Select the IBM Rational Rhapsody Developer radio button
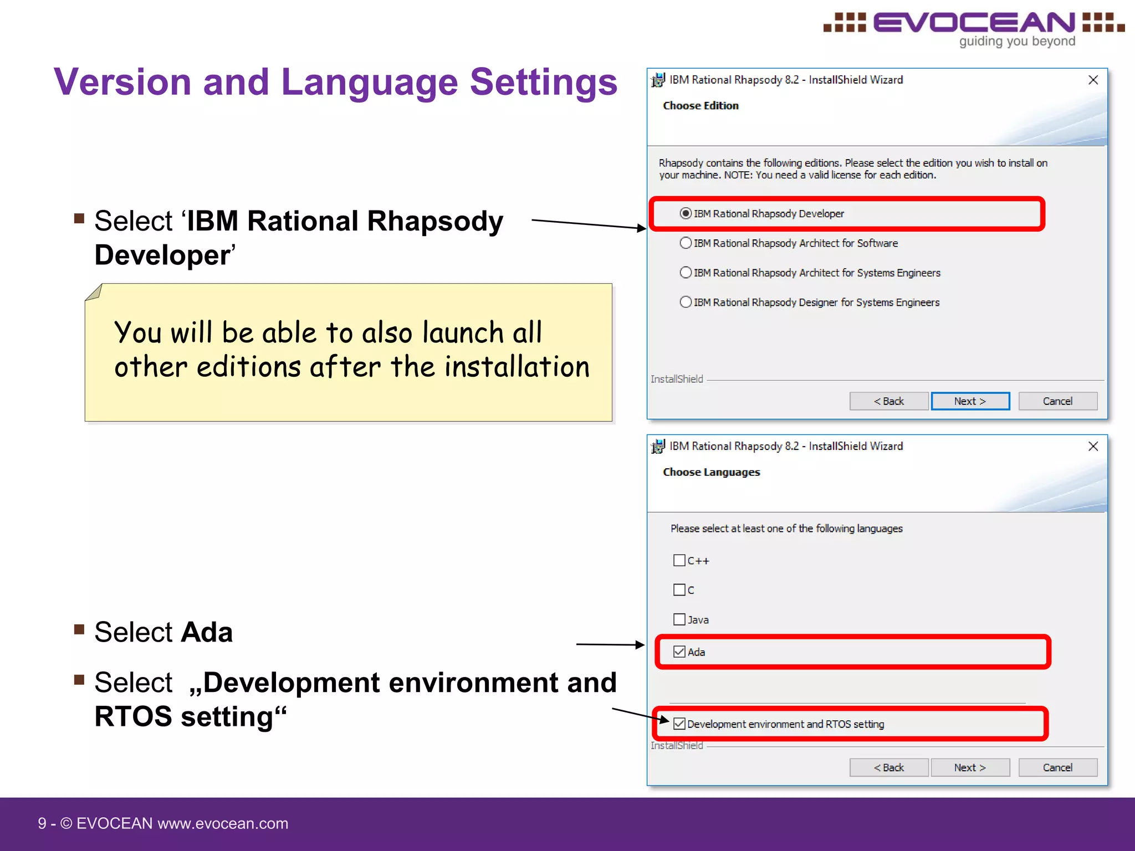(686, 213)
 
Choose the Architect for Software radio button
(686, 243)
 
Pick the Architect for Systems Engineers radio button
(686, 273)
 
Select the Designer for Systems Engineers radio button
(686, 302)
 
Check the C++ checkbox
(679, 560)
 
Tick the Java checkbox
(679, 619)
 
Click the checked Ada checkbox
(679, 652)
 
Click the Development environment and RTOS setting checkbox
(679, 724)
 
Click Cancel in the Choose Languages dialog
(1057, 767)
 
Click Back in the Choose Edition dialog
(888, 401)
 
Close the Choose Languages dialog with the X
(1093, 447)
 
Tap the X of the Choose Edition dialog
(1093, 80)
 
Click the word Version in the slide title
(122, 82)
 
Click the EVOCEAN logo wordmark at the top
(974, 23)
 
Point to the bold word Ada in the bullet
(207, 632)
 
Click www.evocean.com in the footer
(223, 824)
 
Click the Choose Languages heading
(711, 472)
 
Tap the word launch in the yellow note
(462, 333)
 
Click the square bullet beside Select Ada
(79, 629)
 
